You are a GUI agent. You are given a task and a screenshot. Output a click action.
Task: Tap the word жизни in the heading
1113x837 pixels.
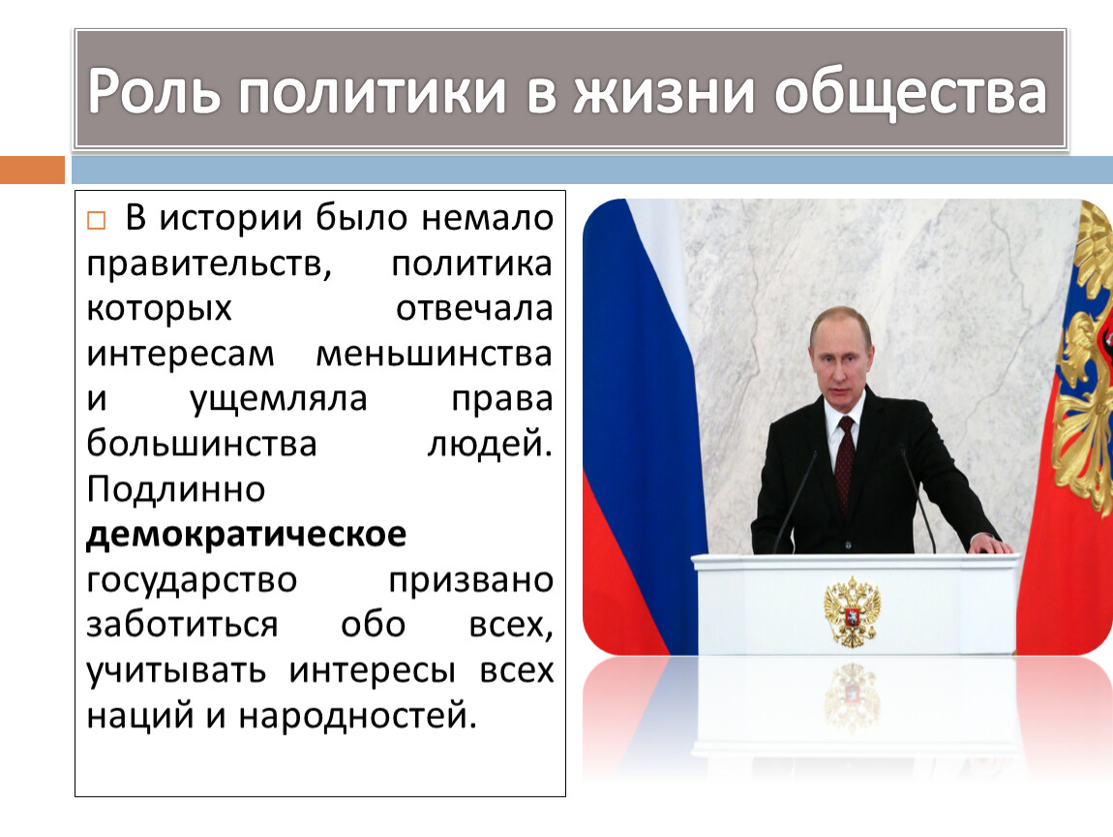[x=664, y=92]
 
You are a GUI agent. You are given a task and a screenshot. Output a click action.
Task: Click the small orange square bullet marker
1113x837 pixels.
[x=96, y=220]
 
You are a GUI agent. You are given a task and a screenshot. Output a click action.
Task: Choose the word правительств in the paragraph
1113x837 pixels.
[x=209, y=263]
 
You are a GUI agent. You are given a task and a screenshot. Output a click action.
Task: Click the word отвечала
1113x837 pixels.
[x=474, y=308]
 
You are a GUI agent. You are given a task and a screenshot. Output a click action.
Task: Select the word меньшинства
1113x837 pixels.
[x=434, y=354]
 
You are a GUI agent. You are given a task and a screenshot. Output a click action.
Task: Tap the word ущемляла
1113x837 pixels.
[x=279, y=400]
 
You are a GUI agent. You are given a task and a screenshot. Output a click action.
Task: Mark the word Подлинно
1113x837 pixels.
[x=176, y=489]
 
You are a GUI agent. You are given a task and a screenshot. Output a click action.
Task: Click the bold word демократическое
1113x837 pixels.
[x=246, y=535]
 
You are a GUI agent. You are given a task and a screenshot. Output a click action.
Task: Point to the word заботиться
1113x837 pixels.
[x=182, y=625]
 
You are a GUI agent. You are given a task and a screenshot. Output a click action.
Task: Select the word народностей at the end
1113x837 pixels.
[x=357, y=716]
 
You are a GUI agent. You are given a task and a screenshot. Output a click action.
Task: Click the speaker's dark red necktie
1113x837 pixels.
[x=844, y=462]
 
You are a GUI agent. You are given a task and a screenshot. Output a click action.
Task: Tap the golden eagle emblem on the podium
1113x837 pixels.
[x=852, y=611]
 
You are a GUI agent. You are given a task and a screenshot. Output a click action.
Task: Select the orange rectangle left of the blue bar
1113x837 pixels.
[x=32, y=170]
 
